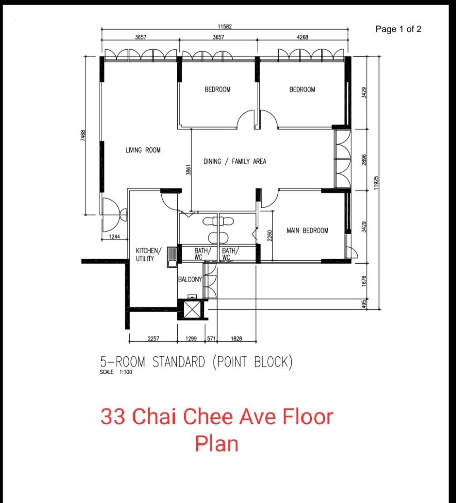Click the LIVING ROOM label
(x=143, y=150)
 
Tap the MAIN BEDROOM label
(x=307, y=231)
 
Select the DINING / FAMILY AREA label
(x=235, y=162)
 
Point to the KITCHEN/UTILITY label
(x=149, y=255)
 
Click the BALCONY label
(x=190, y=279)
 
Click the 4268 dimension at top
(x=303, y=37)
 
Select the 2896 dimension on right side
(x=365, y=159)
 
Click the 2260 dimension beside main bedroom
(x=269, y=236)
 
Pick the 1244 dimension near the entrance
(x=114, y=237)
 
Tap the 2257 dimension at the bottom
(x=153, y=339)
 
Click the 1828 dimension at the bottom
(x=236, y=339)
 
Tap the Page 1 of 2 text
(x=398, y=29)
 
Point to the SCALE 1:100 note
(x=116, y=372)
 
